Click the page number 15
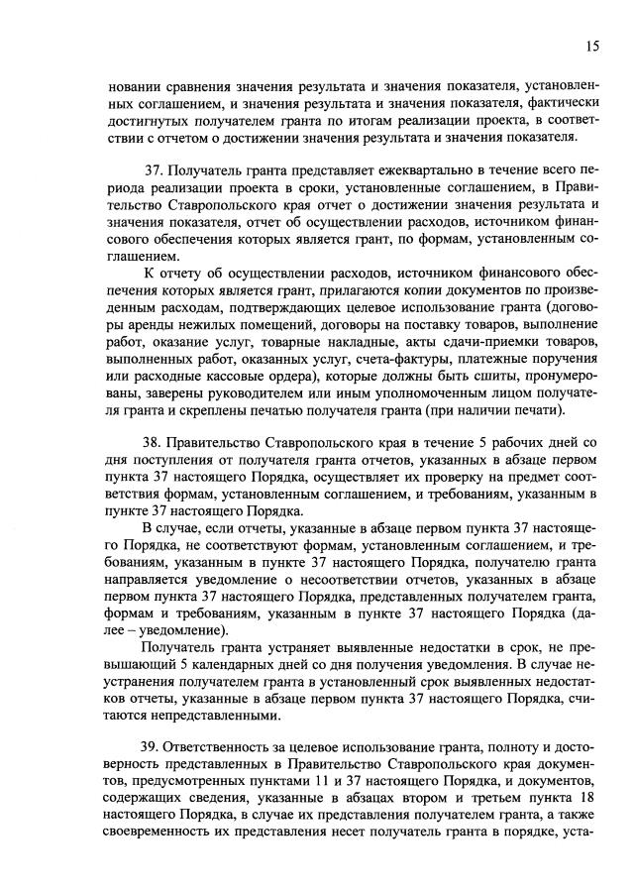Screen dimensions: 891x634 (591, 46)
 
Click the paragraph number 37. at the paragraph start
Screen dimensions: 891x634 (156, 170)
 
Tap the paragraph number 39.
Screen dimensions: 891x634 (156, 745)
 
